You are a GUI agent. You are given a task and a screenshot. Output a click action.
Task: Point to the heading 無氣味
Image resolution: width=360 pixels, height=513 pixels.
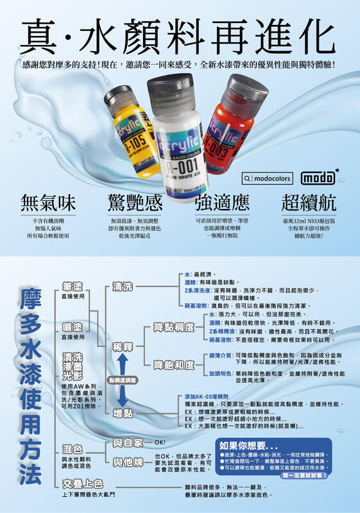(47, 202)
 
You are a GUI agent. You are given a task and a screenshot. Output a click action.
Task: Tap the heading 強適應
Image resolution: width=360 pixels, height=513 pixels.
(221, 202)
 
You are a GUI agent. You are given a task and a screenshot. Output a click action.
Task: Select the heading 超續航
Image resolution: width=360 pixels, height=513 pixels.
(309, 202)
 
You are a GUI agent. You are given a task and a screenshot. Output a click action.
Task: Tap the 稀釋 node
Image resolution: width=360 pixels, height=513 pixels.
(124, 346)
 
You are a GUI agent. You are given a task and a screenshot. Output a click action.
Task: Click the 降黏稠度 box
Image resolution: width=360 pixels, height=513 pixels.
(175, 327)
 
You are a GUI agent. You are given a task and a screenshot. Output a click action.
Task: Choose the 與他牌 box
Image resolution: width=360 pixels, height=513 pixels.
(128, 462)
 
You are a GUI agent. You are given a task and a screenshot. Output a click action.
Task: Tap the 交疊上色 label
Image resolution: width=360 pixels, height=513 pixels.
(83, 483)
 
